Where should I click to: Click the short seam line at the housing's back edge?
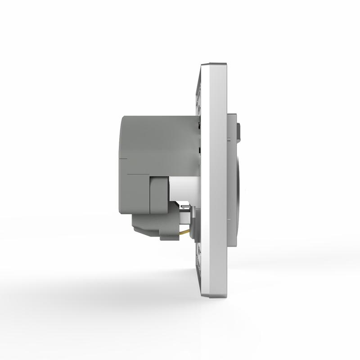click(x=124, y=158)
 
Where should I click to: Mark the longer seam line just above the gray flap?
click(x=139, y=173)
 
